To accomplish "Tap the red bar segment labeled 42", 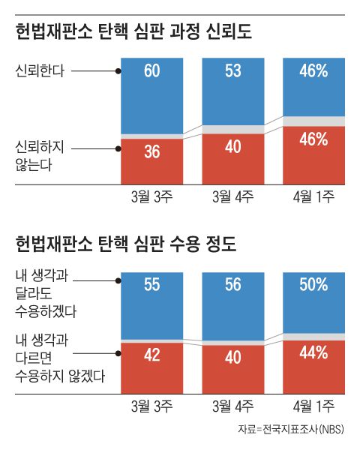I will pos(152,367).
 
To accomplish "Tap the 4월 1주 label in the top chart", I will pos(313,197).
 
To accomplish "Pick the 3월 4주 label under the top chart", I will pos(232,197).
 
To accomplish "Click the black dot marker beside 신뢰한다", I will pos(118,71).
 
